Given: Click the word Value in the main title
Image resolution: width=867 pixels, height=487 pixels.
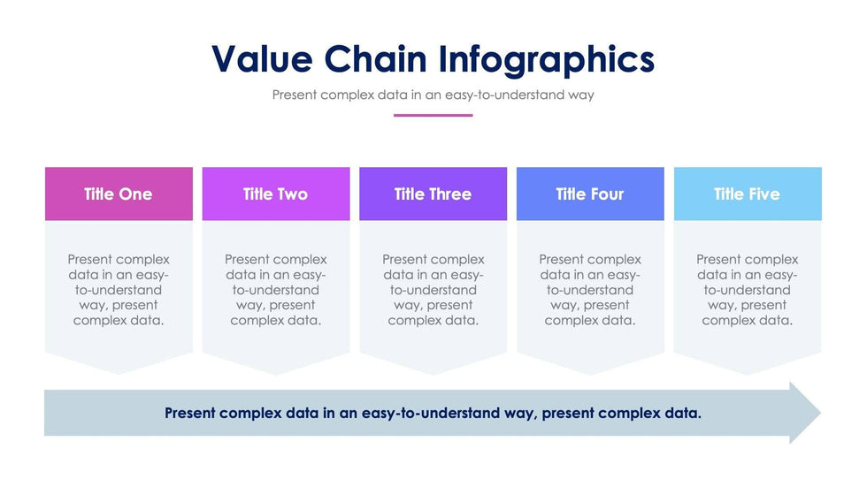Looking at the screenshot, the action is click(x=262, y=58).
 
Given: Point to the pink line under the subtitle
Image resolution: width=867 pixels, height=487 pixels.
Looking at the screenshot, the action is click(x=433, y=116).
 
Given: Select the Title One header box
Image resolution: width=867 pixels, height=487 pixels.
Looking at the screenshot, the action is click(x=119, y=194).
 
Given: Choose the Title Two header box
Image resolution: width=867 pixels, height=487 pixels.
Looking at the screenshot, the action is click(x=276, y=194).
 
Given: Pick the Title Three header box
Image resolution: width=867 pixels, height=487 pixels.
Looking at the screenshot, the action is click(x=433, y=194).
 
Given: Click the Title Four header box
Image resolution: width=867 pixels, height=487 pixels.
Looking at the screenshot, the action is click(x=590, y=194).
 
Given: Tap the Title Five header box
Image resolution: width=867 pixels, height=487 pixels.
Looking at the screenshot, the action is click(x=748, y=194).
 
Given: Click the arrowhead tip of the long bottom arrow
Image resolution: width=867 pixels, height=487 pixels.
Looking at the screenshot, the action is click(x=821, y=413).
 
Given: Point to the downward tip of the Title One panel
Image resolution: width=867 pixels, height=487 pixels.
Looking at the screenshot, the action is click(x=119, y=375).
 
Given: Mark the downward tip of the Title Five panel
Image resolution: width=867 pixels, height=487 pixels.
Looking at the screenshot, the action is click(x=748, y=375).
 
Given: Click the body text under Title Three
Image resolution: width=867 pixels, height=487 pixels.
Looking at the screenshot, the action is click(x=433, y=290).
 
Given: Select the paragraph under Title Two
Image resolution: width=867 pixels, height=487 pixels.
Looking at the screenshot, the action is click(x=276, y=290).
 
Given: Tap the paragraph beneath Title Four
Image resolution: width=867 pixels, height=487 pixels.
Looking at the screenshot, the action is click(x=590, y=290).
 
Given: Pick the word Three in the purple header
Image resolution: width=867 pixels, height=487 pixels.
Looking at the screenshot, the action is click(x=450, y=194).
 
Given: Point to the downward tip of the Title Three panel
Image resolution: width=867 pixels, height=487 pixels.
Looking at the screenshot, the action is click(x=433, y=375).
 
